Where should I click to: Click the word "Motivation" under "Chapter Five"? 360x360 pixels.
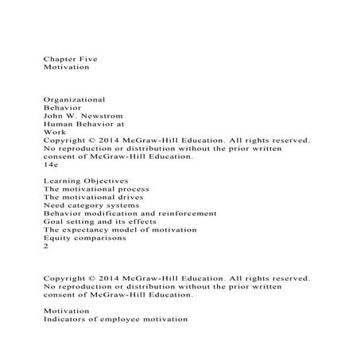click(67, 69)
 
